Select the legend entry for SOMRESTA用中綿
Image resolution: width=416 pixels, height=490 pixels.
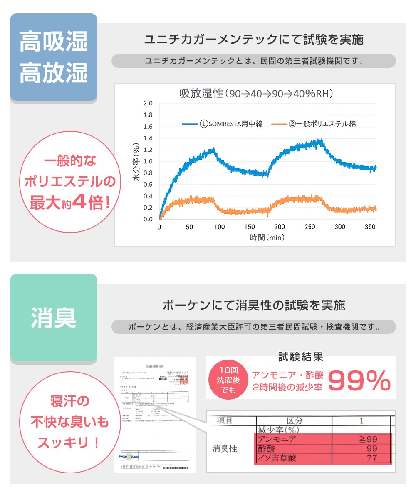tap(231, 124)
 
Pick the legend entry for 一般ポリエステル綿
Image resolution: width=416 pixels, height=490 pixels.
tap(317, 124)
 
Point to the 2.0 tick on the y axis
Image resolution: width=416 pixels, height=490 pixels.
tap(148, 103)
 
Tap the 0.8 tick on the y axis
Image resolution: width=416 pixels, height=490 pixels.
tap(148, 173)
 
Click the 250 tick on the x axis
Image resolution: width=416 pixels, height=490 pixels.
tap(310, 227)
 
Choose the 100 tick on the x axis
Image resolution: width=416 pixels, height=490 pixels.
tap(220, 227)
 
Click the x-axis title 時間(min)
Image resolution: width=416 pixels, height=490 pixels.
tap(267, 237)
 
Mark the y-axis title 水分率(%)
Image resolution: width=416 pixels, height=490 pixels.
tap(136, 161)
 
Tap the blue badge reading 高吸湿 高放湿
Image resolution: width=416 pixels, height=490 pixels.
tap(54, 57)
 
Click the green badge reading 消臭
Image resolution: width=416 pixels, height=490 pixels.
tap(54, 317)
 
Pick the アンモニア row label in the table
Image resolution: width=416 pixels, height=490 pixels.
tap(277, 439)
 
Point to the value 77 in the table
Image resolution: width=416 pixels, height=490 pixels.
tap(372, 458)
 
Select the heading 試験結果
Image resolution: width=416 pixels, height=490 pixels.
tap(300, 357)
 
